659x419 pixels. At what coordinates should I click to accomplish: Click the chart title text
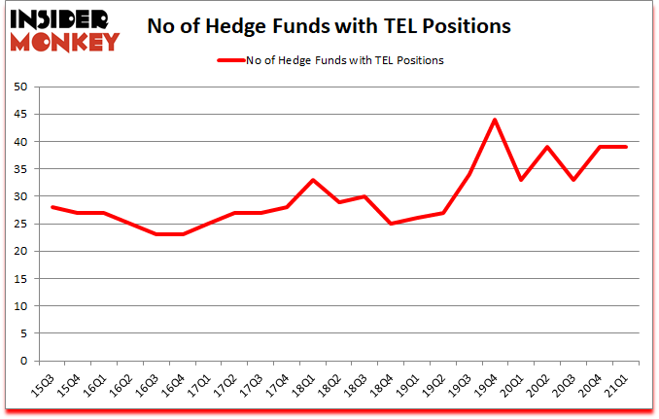click(x=329, y=27)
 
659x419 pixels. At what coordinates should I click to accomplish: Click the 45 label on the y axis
click(x=18, y=115)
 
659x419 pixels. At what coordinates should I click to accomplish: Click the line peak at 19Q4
click(x=494, y=120)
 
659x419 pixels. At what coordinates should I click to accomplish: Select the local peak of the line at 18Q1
click(x=311, y=180)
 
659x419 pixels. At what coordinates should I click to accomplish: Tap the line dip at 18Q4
click(x=390, y=224)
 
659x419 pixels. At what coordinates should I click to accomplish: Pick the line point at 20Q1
click(x=520, y=180)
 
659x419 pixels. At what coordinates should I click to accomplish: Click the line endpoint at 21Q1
click(x=625, y=147)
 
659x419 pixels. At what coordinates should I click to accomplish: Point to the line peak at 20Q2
click(x=546, y=147)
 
